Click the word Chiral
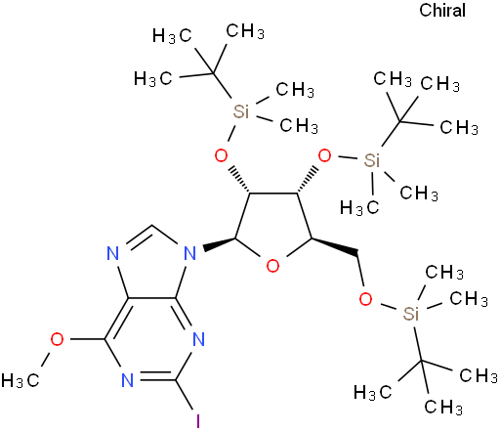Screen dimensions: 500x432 pyautogui.click(x=442, y=10)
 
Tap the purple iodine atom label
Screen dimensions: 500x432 pyautogui.click(x=198, y=421)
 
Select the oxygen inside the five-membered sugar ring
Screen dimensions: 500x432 pyautogui.click(x=272, y=266)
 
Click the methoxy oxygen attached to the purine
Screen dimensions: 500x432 pyautogui.click(x=57, y=339)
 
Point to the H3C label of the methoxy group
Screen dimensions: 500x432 pyautogui.click(x=21, y=380)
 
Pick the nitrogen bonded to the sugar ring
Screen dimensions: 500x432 pyautogui.click(x=190, y=253)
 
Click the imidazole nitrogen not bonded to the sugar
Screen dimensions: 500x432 pyautogui.click(x=113, y=253)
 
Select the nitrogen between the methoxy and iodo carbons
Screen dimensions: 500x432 pyautogui.click(x=128, y=380)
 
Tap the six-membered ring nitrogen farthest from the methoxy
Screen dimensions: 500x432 pyautogui.click(x=198, y=339)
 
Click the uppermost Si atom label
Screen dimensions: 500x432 pyautogui.click(x=241, y=111)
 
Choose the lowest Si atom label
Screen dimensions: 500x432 pyautogui.click(x=411, y=314)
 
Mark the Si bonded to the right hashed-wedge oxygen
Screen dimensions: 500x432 pyautogui.click(x=372, y=160)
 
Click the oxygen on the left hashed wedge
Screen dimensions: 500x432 pyautogui.click(x=222, y=155)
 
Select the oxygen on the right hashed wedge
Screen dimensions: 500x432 pyautogui.click(x=324, y=155)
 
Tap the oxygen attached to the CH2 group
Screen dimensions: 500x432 pyautogui.click(x=365, y=298)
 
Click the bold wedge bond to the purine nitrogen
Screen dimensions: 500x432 pyautogui.click(x=220, y=243)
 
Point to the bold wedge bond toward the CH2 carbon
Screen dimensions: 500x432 pyautogui.click(x=335, y=245)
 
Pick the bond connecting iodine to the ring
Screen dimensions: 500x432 pyautogui.click(x=185, y=395)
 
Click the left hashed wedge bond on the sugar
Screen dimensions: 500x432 pyautogui.click(x=239, y=181)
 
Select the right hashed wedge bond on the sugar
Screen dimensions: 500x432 pyautogui.click(x=307, y=181)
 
